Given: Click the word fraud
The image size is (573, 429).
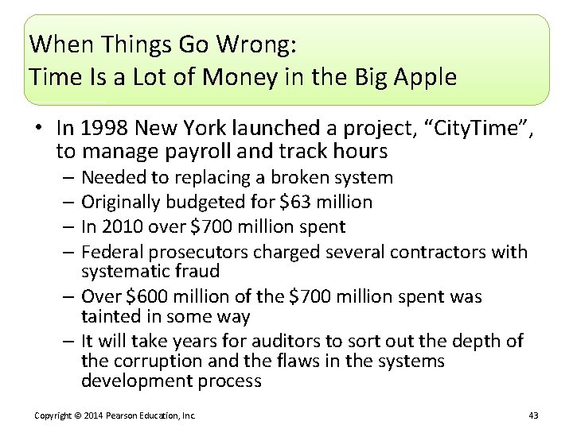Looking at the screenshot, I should click(198, 271).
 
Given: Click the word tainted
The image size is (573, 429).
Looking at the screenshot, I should click(109, 316).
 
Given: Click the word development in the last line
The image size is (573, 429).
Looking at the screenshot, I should click(132, 381).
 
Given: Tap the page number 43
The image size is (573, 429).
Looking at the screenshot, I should click(533, 415).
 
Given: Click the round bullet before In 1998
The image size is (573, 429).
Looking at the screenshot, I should click(38, 128).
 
